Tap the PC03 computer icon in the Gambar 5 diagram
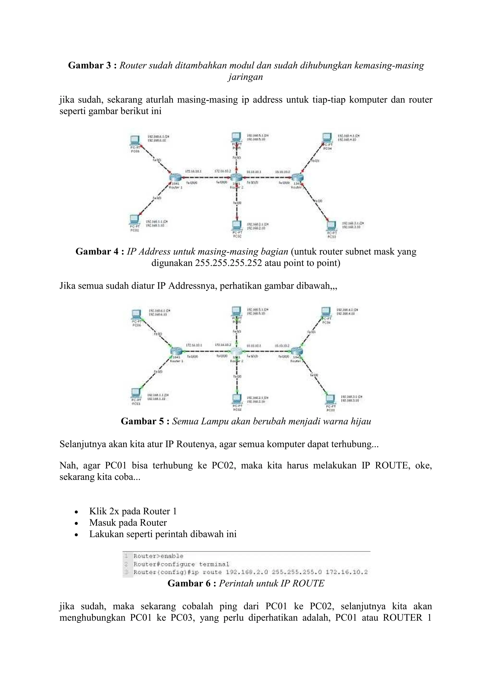pos(331,399)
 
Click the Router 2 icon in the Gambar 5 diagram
pos(237,352)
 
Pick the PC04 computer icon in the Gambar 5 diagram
pos(326,312)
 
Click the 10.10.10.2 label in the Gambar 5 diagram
pos(282,346)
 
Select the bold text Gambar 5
pos(142,421)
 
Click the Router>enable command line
pos(159,556)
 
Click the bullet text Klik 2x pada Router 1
pos(133,511)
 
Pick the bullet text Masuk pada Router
pos(128,523)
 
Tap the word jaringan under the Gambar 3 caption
pos(245,77)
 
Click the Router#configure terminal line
pos(181,564)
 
